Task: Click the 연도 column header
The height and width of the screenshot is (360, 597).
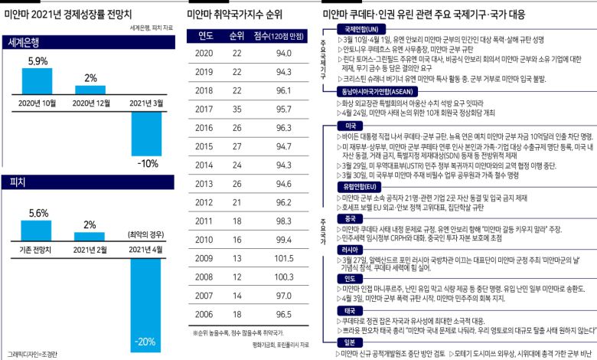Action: pyautogui.click(x=205, y=35)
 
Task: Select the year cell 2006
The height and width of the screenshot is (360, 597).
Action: pyautogui.click(x=205, y=314)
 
